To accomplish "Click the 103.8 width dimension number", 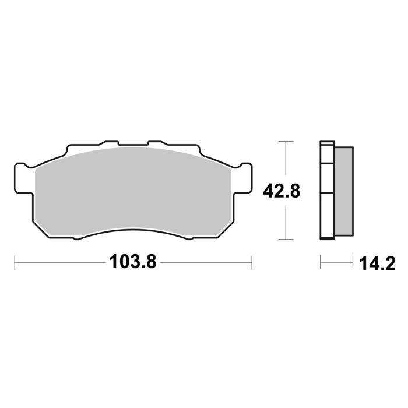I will (133, 262).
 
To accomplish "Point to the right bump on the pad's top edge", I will (158, 143).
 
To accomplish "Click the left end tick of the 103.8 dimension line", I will (15, 262).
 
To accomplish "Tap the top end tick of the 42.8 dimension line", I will (284, 142).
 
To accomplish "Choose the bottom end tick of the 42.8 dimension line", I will (284, 239).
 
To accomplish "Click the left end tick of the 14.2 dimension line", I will (321, 262).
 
